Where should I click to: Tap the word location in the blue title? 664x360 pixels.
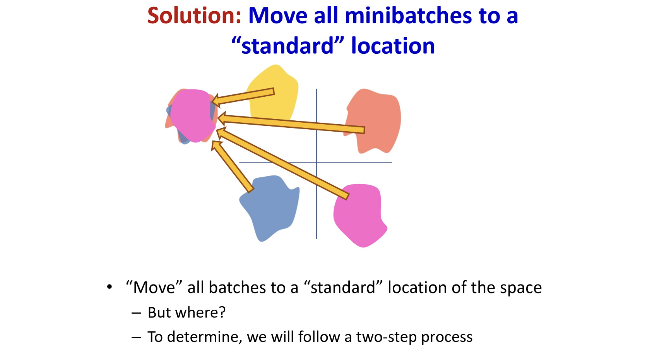click(393, 46)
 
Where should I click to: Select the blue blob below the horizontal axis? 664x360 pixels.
click(270, 207)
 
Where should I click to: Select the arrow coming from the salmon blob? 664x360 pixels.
click(291, 123)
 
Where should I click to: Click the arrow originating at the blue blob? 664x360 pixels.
click(232, 166)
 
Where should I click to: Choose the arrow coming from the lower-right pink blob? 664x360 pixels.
click(282, 163)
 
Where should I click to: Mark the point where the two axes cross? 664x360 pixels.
click(317, 163)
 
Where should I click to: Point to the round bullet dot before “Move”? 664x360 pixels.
click(110, 287)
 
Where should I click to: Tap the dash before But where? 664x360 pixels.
click(136, 313)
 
